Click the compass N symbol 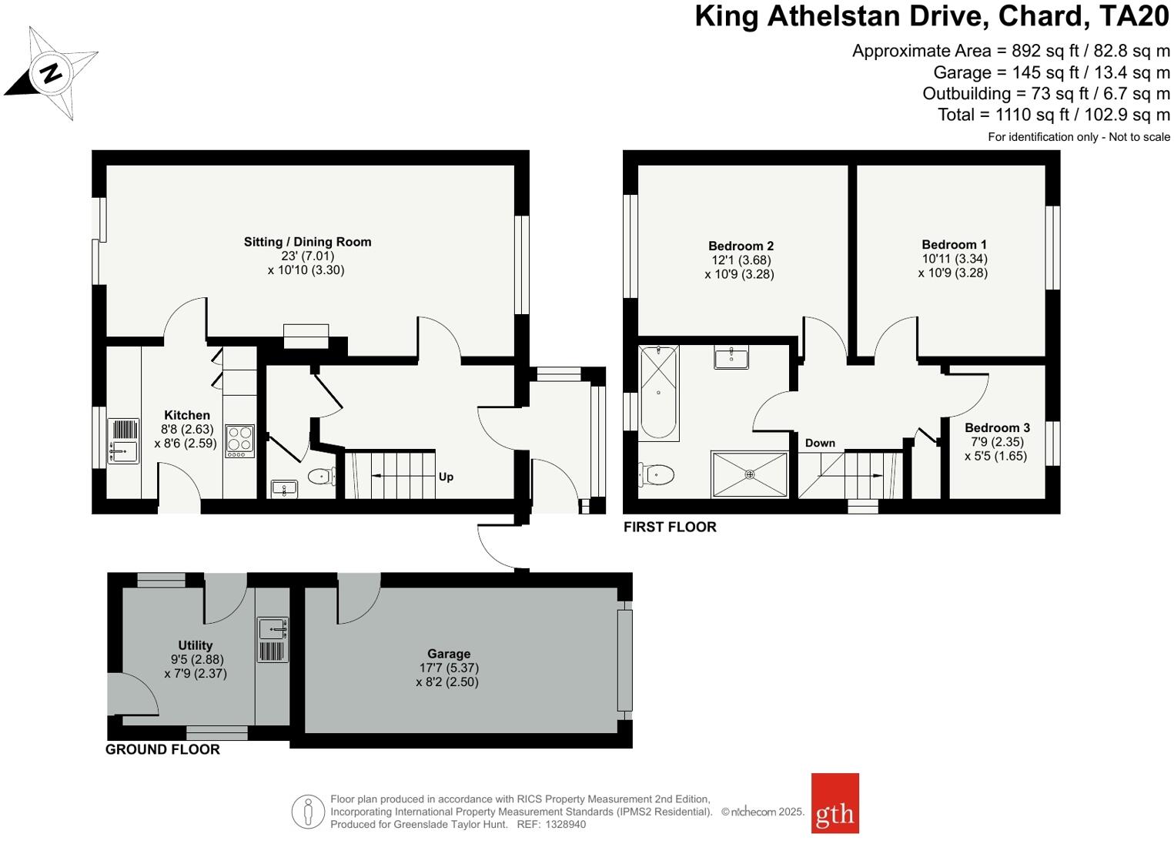click(52, 73)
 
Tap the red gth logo click(835, 803)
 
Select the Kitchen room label click(187, 415)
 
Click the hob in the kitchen click(239, 440)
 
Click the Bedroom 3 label click(997, 428)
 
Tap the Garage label click(449, 654)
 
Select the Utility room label click(195, 645)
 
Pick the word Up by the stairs click(446, 477)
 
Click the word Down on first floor click(820, 443)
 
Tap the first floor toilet click(657, 473)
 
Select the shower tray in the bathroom click(750, 474)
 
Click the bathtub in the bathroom click(659, 393)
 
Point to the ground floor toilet click(321, 477)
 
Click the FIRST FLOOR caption click(670, 527)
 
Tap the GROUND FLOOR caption click(162, 749)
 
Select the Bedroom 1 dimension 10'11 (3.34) click(955, 259)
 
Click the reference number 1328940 click(566, 824)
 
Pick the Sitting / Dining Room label click(307, 242)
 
